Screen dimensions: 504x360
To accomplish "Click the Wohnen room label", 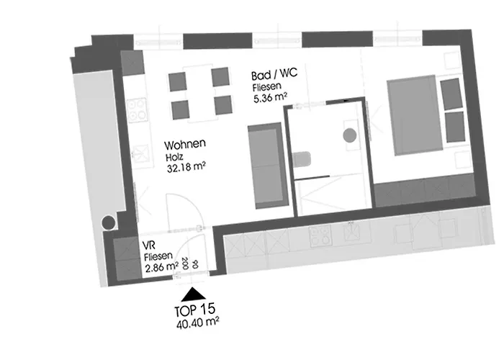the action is (x=185, y=145).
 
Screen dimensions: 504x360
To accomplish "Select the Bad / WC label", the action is (x=274, y=75).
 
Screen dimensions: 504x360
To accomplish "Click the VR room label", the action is (x=149, y=246).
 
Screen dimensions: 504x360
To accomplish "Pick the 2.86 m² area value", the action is (x=162, y=267).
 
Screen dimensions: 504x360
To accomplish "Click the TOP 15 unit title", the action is (x=195, y=310).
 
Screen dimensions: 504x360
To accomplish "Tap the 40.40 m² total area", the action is (x=198, y=323).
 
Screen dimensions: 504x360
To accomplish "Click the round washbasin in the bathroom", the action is (x=349, y=135).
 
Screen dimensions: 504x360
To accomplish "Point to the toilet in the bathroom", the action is (x=302, y=159).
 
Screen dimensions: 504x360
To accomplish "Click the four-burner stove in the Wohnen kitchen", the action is (x=138, y=110).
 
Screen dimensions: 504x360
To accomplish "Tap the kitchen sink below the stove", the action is (x=142, y=153).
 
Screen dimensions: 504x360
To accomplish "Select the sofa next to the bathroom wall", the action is (x=268, y=166).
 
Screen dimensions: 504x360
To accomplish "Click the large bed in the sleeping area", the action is (x=415, y=115).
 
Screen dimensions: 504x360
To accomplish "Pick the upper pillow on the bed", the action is (x=451, y=94).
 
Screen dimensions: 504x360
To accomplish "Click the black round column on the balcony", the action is (x=108, y=222).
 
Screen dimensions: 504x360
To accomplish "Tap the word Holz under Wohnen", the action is (x=174, y=157).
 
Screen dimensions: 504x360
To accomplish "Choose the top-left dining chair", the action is (x=177, y=81).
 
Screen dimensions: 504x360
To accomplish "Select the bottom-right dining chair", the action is (x=223, y=105).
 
